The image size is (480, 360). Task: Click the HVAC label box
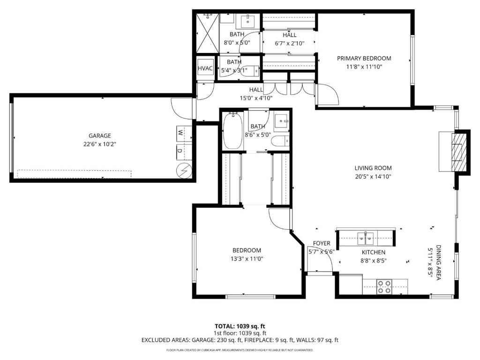click(205, 68)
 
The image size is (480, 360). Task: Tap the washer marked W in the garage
click(184, 134)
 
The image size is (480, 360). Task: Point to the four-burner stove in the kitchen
click(384, 287)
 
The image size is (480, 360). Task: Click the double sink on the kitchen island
click(366, 238)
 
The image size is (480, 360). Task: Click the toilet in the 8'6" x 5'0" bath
click(280, 141)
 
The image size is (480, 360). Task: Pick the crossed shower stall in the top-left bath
click(207, 33)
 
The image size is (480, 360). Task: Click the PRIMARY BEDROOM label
click(364, 59)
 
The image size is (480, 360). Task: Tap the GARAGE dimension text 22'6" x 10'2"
click(100, 144)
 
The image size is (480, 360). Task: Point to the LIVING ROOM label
click(373, 168)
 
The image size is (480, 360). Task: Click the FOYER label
click(322, 243)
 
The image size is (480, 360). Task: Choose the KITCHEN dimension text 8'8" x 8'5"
click(374, 261)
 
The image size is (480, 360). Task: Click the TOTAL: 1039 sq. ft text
click(240, 326)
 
